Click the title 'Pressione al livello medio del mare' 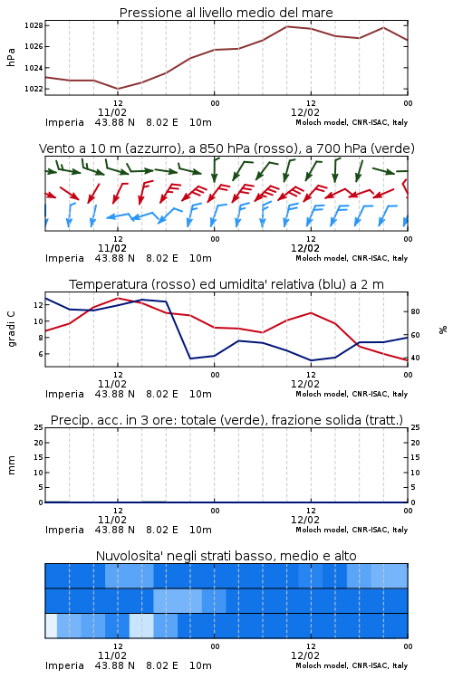coord(226,13)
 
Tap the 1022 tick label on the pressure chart coord(34,89)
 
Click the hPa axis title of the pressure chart coord(11,57)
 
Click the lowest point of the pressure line coord(118,89)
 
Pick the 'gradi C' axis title coord(11,330)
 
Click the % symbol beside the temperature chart coord(443,330)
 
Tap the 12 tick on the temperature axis coord(39,305)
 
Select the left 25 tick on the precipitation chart coord(39,427)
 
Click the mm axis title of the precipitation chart coord(11,465)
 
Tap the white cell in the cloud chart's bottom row coord(51,626)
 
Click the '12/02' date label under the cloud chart coord(305,655)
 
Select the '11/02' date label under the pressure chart coord(112,112)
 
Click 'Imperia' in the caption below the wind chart coord(64,259)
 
